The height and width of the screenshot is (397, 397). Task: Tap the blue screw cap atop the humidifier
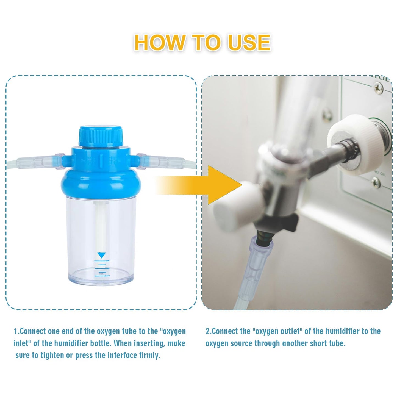click(101, 136)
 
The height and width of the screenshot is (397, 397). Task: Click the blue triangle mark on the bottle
click(102, 255)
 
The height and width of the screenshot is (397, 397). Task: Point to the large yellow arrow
click(199, 185)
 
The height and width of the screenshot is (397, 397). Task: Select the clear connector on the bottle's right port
click(161, 161)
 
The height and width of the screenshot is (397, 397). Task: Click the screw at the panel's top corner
click(379, 88)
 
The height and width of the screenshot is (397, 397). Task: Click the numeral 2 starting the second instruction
click(207, 331)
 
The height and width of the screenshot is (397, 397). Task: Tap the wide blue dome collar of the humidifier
click(101, 182)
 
